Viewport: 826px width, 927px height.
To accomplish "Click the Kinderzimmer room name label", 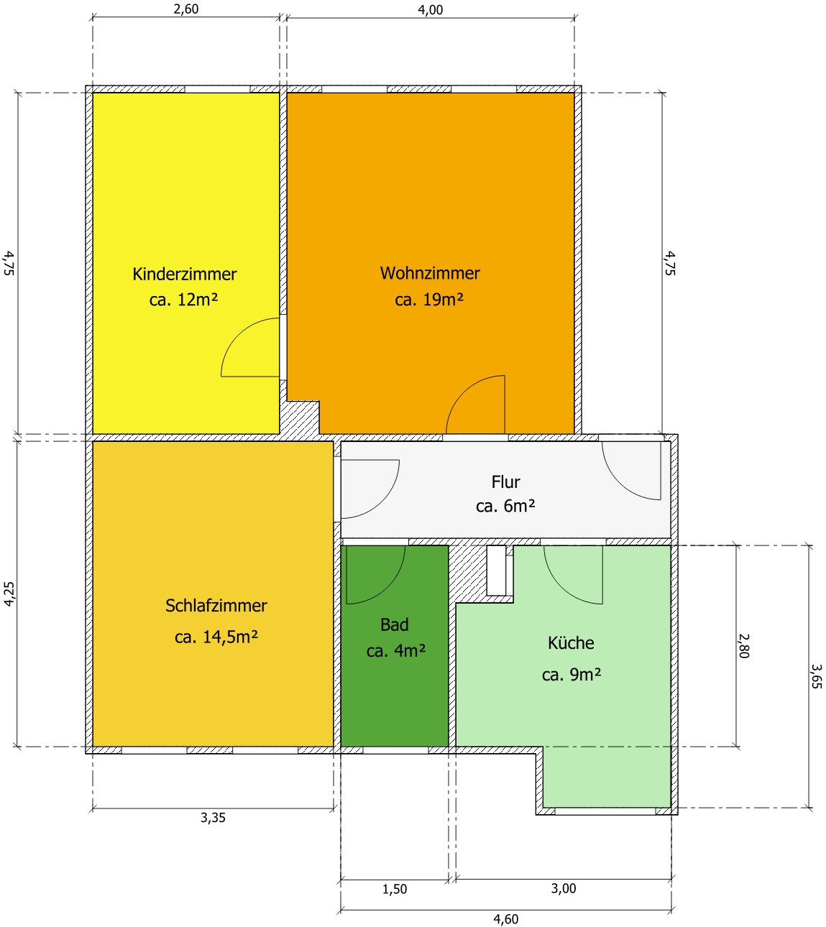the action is tap(184, 274).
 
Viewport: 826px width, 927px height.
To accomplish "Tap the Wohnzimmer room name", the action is tap(429, 273).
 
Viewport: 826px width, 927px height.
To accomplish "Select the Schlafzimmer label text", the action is tap(216, 606).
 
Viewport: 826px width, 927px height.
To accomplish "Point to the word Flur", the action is tap(505, 481).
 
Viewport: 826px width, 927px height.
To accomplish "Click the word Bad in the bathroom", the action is tap(394, 624).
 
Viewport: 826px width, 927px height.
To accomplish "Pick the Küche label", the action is tap(571, 643).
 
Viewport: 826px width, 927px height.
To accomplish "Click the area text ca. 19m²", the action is tap(429, 300).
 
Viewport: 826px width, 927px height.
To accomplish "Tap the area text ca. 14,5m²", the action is tap(216, 637).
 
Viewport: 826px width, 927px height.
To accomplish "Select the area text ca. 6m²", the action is tap(505, 506).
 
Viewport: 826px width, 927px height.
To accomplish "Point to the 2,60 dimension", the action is tap(186, 9).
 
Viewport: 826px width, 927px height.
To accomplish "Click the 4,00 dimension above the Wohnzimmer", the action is tap(431, 9).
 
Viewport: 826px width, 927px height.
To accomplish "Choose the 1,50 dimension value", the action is tap(394, 889).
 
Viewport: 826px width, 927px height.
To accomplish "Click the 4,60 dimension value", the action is tap(505, 919).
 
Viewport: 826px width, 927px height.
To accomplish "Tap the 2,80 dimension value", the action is tap(744, 645).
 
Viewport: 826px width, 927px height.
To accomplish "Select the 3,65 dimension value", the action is tap(817, 676).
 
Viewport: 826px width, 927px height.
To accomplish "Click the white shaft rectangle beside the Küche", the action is tap(496, 570).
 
